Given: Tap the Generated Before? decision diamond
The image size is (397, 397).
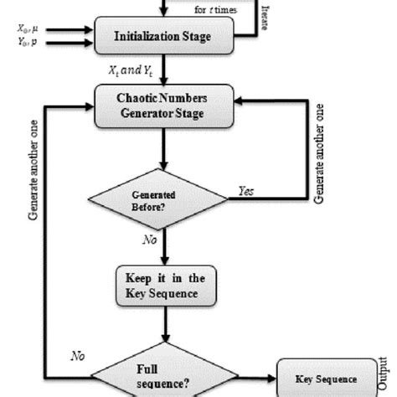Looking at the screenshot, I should coord(157,199).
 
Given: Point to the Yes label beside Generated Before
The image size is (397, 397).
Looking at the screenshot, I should coord(247,192).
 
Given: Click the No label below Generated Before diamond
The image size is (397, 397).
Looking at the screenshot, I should coord(148,239).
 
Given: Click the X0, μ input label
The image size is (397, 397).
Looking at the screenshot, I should coord(28,29).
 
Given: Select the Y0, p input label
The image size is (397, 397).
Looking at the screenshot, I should coord(28,43).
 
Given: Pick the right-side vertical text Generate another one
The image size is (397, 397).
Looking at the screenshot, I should coord(318,154).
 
